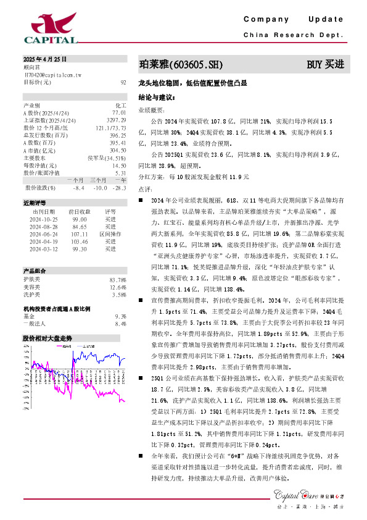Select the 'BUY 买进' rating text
click(x=325, y=64)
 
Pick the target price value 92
click(x=123, y=82)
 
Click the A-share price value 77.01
click(x=119, y=113)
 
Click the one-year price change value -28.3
click(x=120, y=188)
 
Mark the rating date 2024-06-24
click(x=44, y=235)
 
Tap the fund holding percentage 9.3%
click(x=120, y=316)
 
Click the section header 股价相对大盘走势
click(x=47, y=338)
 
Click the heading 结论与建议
click(x=157, y=97)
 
